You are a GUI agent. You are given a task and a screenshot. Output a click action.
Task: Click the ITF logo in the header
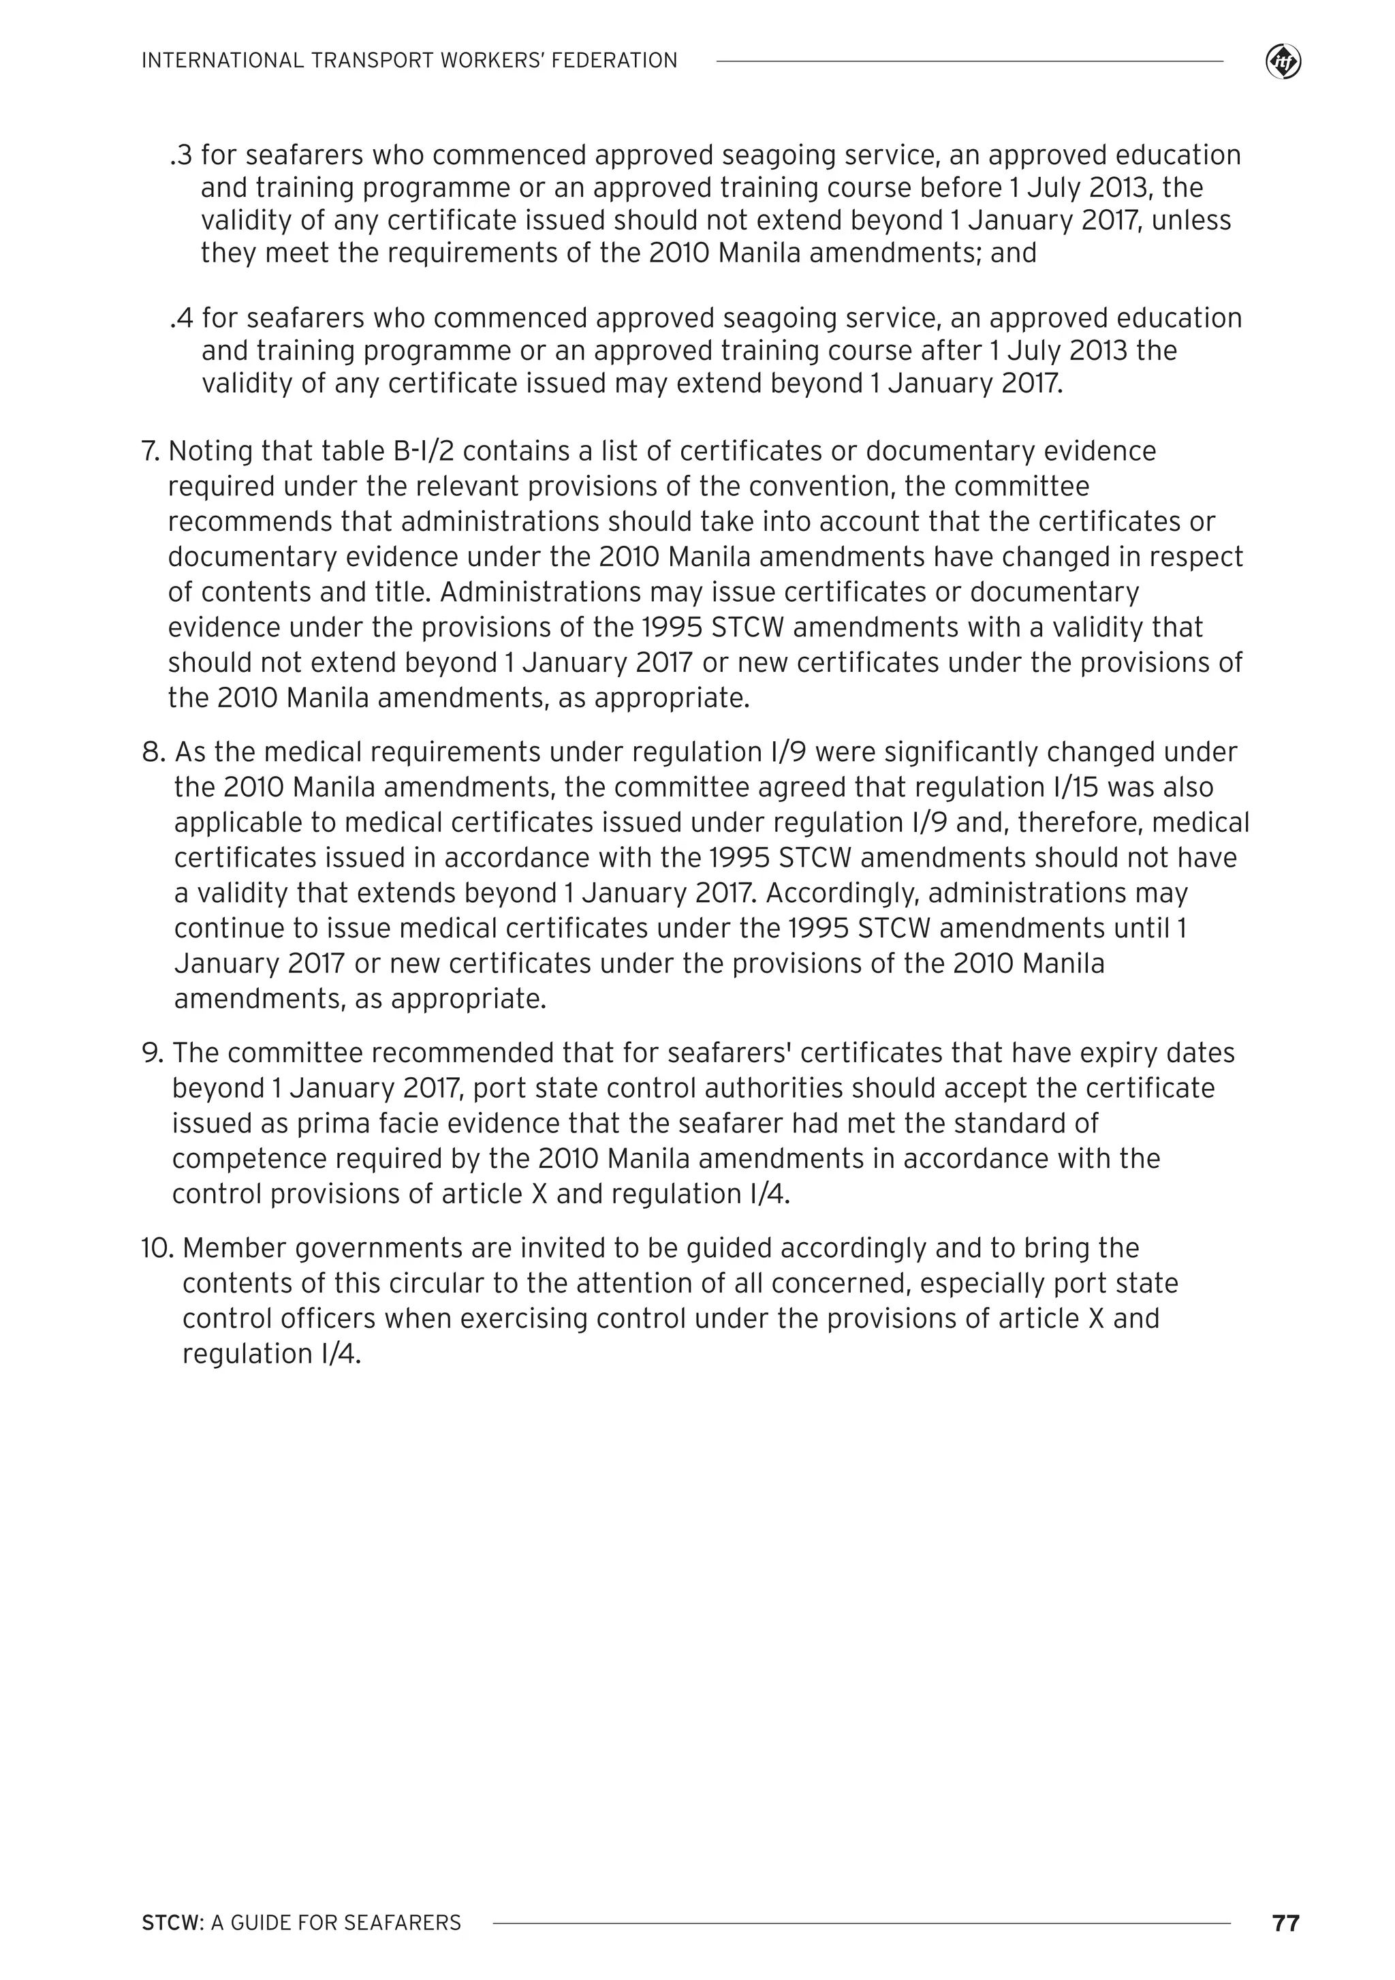pos(1283,62)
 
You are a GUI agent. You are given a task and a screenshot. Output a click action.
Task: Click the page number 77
pos(1285,1923)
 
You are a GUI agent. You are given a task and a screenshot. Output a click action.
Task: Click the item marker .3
pos(182,155)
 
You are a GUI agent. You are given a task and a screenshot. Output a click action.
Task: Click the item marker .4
pos(182,318)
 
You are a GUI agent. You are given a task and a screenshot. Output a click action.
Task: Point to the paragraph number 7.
pos(151,451)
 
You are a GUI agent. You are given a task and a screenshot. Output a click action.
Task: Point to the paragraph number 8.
pos(153,752)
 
